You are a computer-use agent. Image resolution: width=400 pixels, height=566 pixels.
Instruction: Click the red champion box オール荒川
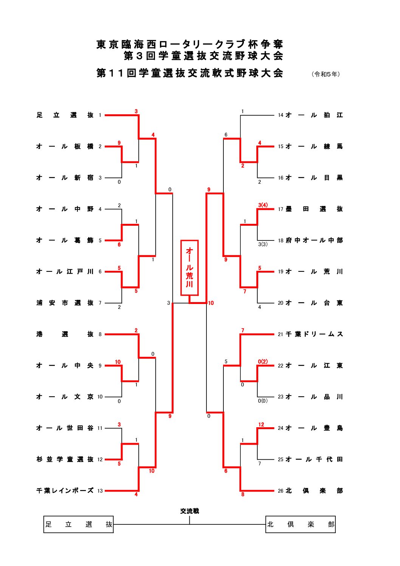(189, 267)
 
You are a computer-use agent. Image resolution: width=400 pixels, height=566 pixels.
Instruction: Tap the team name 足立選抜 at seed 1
(65, 115)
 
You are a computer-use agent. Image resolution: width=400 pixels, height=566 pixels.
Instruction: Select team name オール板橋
(65, 146)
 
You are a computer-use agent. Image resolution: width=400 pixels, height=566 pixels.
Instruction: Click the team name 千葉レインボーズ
(65, 491)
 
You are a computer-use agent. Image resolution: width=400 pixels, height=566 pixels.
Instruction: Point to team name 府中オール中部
(314, 240)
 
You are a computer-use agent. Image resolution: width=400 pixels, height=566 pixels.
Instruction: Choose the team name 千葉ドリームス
(314, 334)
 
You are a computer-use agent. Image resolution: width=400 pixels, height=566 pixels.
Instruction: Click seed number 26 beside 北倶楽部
(281, 491)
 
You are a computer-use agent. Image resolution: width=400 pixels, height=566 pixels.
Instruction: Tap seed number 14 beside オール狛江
(281, 115)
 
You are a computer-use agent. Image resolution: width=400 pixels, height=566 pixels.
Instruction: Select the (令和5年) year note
(326, 74)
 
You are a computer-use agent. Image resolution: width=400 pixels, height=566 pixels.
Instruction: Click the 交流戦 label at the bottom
(189, 511)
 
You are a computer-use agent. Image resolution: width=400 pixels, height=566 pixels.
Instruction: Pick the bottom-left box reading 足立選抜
(79, 524)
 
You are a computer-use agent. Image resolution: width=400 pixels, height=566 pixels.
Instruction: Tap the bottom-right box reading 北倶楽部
(301, 524)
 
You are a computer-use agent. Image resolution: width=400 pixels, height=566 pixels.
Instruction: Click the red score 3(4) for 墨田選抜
(263, 205)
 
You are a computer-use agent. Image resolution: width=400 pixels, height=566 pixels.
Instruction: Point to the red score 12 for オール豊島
(261, 425)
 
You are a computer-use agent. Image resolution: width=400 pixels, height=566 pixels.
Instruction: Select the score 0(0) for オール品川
(262, 401)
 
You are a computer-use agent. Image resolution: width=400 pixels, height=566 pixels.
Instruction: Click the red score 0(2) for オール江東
(263, 361)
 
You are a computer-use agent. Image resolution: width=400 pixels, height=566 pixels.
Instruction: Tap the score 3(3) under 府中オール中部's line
(263, 244)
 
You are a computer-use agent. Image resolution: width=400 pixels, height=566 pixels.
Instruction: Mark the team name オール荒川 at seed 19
(314, 271)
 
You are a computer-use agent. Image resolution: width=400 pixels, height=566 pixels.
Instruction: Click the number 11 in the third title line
(115, 73)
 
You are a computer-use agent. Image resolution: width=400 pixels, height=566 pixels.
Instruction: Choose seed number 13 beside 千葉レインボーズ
(100, 491)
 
